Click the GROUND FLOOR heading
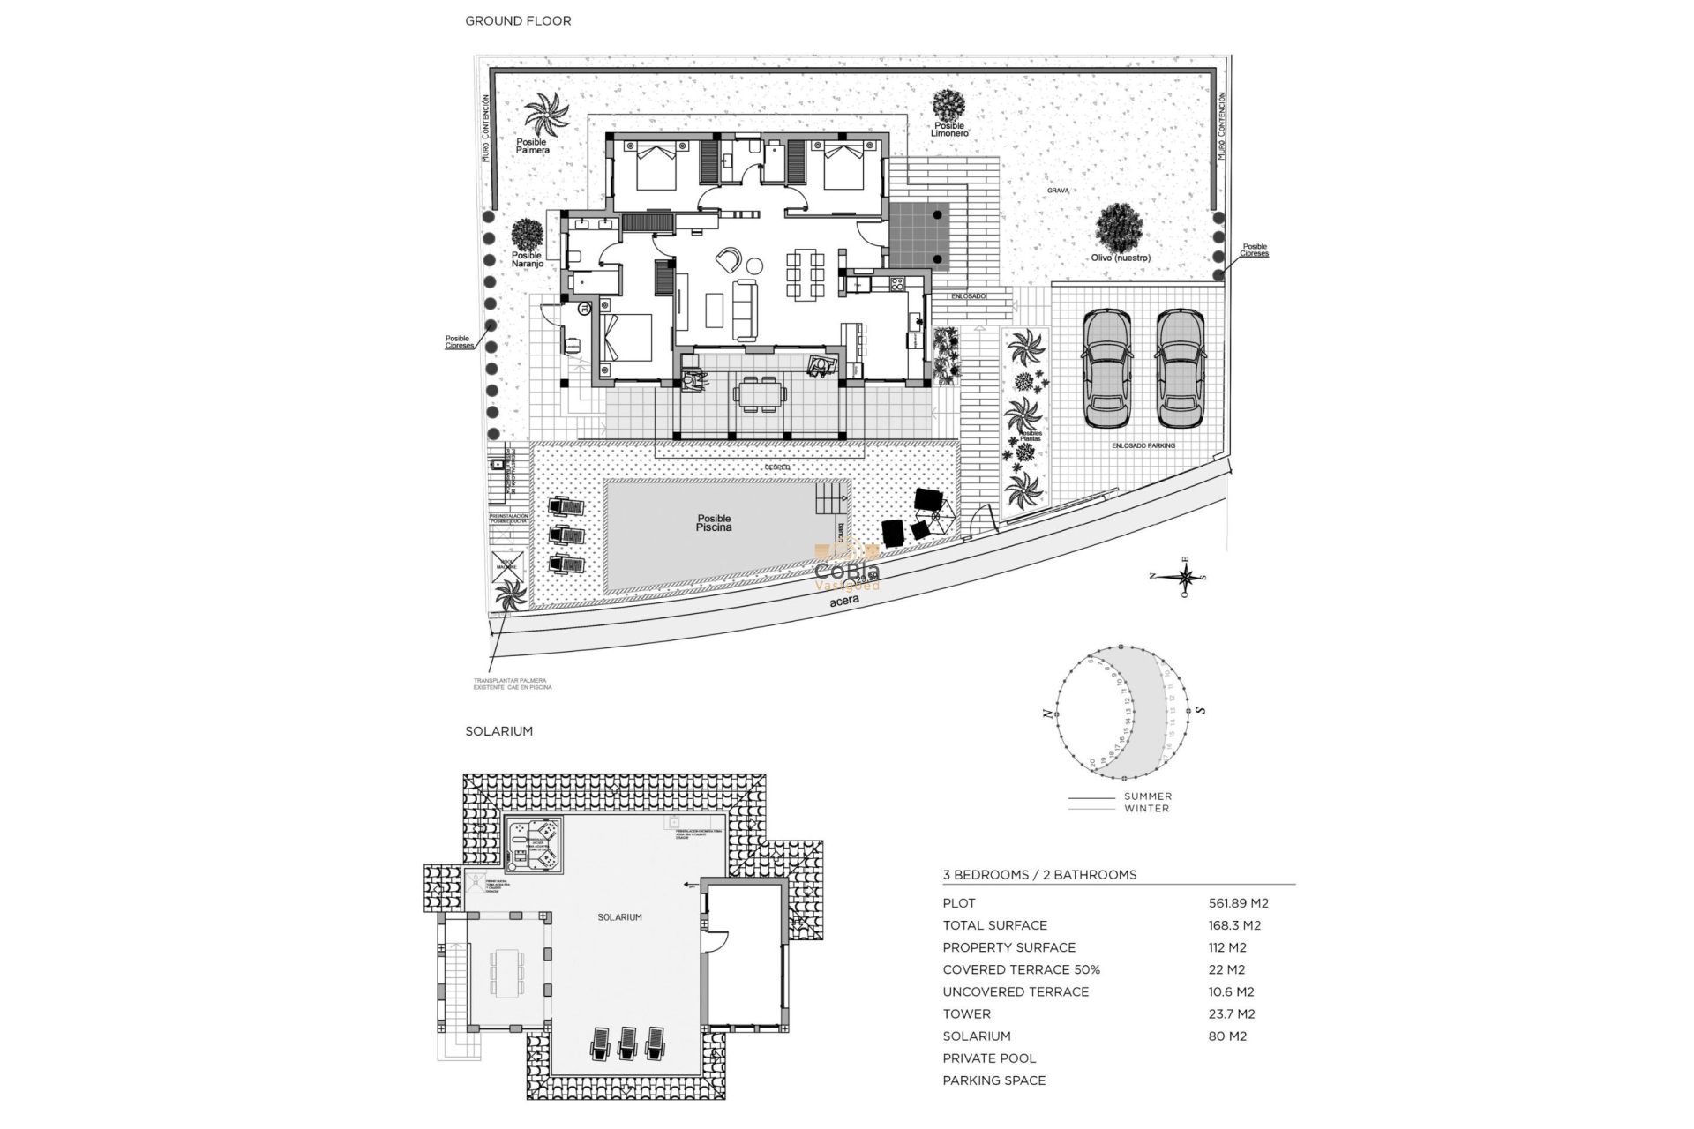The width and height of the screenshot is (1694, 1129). pos(518,20)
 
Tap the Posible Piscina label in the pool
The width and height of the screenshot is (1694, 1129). pos(714,523)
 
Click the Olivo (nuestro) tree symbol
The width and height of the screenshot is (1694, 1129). pos(1119,228)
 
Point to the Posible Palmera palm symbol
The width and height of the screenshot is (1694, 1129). pos(546,115)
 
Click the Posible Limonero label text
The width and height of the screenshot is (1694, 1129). pos(950,130)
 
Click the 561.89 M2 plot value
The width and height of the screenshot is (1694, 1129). pos(1238,903)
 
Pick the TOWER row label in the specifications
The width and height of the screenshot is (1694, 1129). pos(966,1014)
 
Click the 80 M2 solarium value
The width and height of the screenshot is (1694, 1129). pos(1227,1036)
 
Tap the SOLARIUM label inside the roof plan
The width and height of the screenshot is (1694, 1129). pos(619,917)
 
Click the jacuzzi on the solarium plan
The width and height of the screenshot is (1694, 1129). pos(536,842)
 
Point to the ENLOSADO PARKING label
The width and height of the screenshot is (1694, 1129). pos(1143,445)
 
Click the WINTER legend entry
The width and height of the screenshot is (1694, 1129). pos(1147,808)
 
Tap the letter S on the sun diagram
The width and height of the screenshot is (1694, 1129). pos(1200,710)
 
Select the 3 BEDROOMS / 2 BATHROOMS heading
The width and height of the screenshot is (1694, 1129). pos(1039,875)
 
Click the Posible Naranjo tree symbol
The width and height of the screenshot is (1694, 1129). pos(527,235)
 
